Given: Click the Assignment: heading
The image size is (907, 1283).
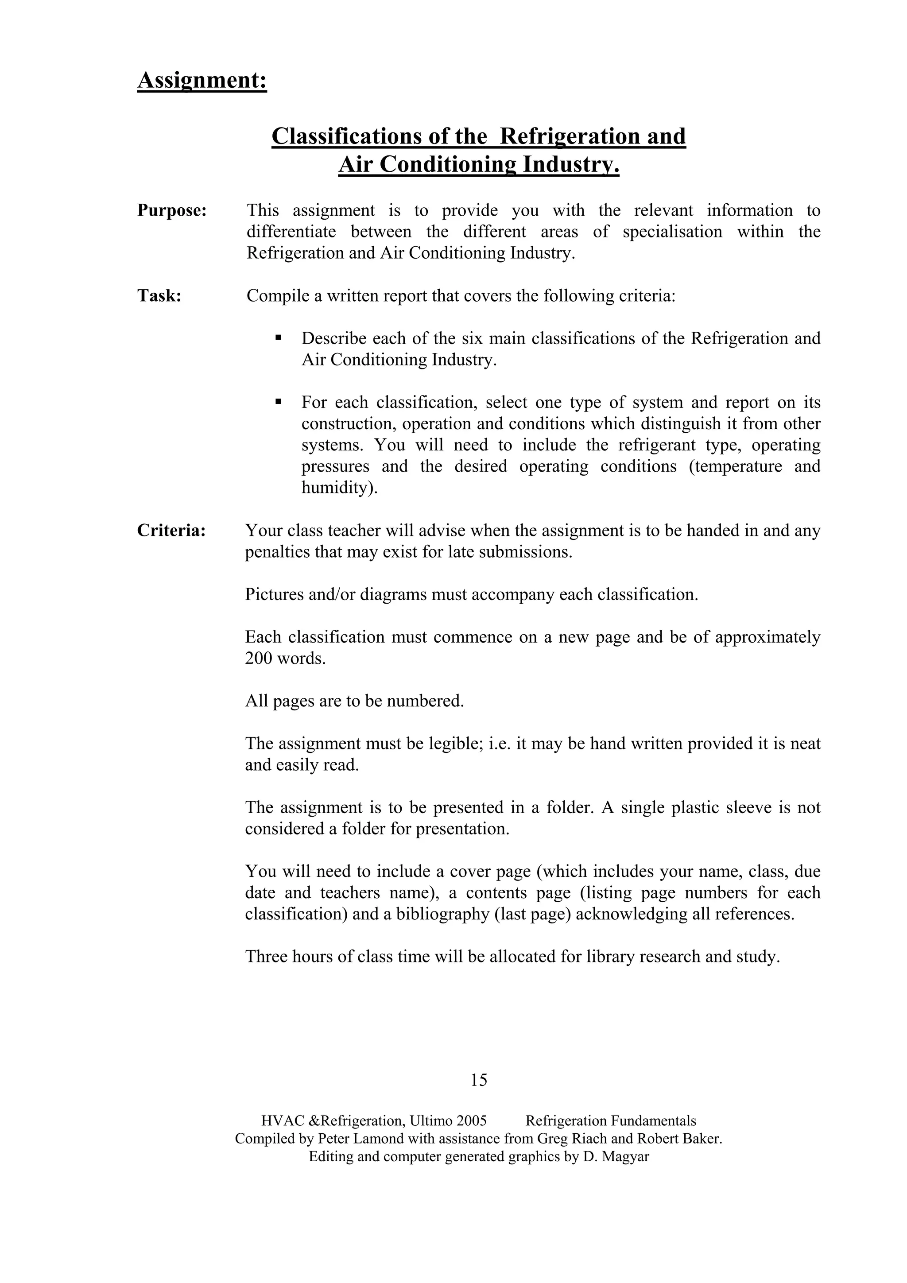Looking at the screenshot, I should click(202, 80).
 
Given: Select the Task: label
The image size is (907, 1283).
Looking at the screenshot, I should click(159, 295).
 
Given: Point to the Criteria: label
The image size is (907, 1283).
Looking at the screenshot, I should click(171, 530).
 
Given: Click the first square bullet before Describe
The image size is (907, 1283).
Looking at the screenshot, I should click(278, 338).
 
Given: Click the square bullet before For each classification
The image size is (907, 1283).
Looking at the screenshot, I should click(278, 402).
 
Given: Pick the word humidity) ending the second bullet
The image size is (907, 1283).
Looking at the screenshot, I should click(339, 488).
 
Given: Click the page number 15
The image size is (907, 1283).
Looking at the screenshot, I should click(479, 1080).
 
